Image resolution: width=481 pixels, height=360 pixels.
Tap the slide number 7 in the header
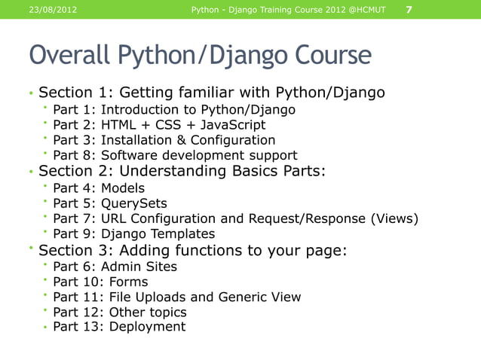[409, 10]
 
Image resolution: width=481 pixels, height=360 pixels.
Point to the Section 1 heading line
[211, 93]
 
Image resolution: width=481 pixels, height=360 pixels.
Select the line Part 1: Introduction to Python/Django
[174, 110]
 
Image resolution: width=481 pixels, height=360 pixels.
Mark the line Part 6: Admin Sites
[115, 267]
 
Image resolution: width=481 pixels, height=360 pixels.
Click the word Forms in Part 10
[129, 282]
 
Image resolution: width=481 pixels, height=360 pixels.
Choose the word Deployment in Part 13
[147, 327]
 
